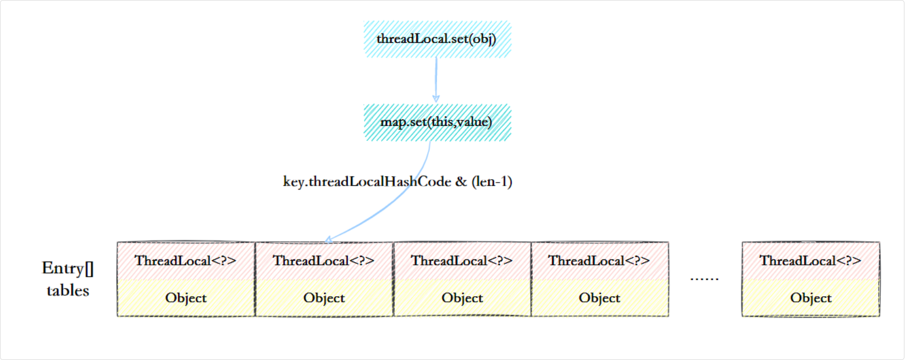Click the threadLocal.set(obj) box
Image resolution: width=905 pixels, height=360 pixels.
point(437,39)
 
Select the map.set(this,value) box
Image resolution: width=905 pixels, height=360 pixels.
point(437,122)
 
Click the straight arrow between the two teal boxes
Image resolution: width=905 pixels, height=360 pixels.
point(436,80)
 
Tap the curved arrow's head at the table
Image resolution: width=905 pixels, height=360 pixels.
point(328,240)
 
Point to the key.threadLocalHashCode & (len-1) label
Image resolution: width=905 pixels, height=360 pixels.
point(397,182)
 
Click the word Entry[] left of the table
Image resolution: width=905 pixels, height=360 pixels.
point(68,268)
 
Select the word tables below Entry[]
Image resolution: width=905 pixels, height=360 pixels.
point(68,291)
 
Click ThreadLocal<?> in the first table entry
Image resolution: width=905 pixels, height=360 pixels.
point(186,261)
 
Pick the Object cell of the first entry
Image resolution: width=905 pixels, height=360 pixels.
point(186,298)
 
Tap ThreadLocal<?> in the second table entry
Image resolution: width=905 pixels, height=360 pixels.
point(324,261)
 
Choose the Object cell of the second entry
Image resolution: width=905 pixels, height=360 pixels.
point(324,298)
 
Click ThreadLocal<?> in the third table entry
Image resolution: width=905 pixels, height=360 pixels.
point(462,261)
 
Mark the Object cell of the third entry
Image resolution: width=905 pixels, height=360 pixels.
point(462,298)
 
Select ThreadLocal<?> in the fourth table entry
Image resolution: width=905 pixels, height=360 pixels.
point(599,261)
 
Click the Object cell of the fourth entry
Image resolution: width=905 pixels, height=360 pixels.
point(599,298)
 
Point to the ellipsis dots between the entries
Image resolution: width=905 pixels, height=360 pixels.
point(704,279)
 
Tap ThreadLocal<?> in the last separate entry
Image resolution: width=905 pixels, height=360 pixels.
point(810,261)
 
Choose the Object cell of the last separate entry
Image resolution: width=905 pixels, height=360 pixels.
point(810,298)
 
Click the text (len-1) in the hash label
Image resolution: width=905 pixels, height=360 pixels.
point(492,182)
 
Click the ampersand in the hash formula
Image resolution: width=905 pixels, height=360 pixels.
point(461,182)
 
